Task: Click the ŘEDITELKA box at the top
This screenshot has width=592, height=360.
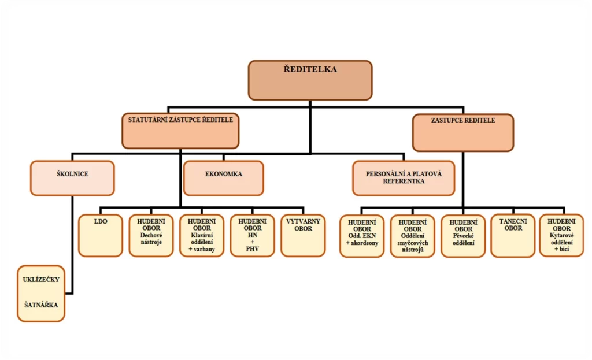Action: click(x=310, y=80)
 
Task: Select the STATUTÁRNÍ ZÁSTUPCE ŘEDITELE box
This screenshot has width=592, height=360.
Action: click(x=180, y=131)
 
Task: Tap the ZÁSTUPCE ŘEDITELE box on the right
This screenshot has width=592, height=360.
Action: click(x=462, y=132)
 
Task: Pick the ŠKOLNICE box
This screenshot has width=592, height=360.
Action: click(x=72, y=178)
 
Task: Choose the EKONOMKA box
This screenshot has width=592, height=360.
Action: click(x=223, y=178)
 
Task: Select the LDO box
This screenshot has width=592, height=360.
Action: click(x=100, y=235)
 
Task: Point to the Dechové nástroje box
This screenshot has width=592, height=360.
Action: click(x=150, y=235)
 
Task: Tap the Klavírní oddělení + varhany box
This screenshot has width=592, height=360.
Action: click(x=201, y=235)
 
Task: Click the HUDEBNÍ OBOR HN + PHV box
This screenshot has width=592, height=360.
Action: click(x=252, y=235)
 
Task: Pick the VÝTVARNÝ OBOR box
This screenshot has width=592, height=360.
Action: click(x=303, y=235)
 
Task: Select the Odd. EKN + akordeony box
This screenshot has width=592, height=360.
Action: click(x=361, y=236)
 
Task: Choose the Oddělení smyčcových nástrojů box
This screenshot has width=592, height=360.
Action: click(x=412, y=236)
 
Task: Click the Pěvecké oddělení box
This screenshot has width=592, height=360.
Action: click(x=463, y=236)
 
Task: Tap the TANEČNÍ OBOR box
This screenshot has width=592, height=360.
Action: click(x=513, y=235)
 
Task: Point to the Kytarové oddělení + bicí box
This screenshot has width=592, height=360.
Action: click(x=561, y=235)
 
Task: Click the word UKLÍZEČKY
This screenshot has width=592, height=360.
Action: click(x=41, y=279)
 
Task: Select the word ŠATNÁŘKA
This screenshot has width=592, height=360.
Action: click(x=41, y=304)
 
